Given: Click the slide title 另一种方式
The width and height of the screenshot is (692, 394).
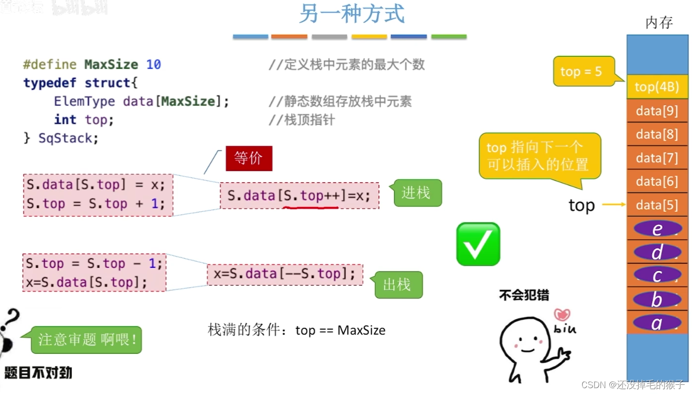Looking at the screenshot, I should tap(352, 14).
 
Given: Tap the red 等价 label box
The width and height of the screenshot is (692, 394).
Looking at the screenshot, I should tap(249, 159).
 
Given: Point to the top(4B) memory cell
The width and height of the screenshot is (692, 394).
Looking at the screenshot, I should tap(657, 87).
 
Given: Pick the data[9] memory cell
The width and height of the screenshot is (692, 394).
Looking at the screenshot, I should tap(657, 111).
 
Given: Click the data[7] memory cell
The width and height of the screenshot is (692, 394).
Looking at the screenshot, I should tap(657, 158).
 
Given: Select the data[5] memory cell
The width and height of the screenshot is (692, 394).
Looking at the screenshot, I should tap(657, 205).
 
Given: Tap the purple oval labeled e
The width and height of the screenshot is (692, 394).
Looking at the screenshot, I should tap(657, 229).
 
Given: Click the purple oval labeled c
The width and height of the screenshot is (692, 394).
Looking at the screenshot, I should tap(657, 275).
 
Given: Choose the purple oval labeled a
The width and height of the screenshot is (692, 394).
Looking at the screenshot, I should tap(657, 323).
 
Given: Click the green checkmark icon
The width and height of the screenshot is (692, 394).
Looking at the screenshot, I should tap(478, 244).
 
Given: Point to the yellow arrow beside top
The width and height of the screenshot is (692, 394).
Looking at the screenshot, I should tap(614, 205).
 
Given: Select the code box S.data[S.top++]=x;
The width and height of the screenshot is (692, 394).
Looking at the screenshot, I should tap(299, 196).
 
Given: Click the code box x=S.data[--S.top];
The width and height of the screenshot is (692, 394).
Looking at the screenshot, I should tap(285, 274).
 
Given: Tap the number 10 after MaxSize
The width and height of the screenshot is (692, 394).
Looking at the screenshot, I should tap(153, 65).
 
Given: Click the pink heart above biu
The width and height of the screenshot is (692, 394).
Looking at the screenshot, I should tap(562, 314).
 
